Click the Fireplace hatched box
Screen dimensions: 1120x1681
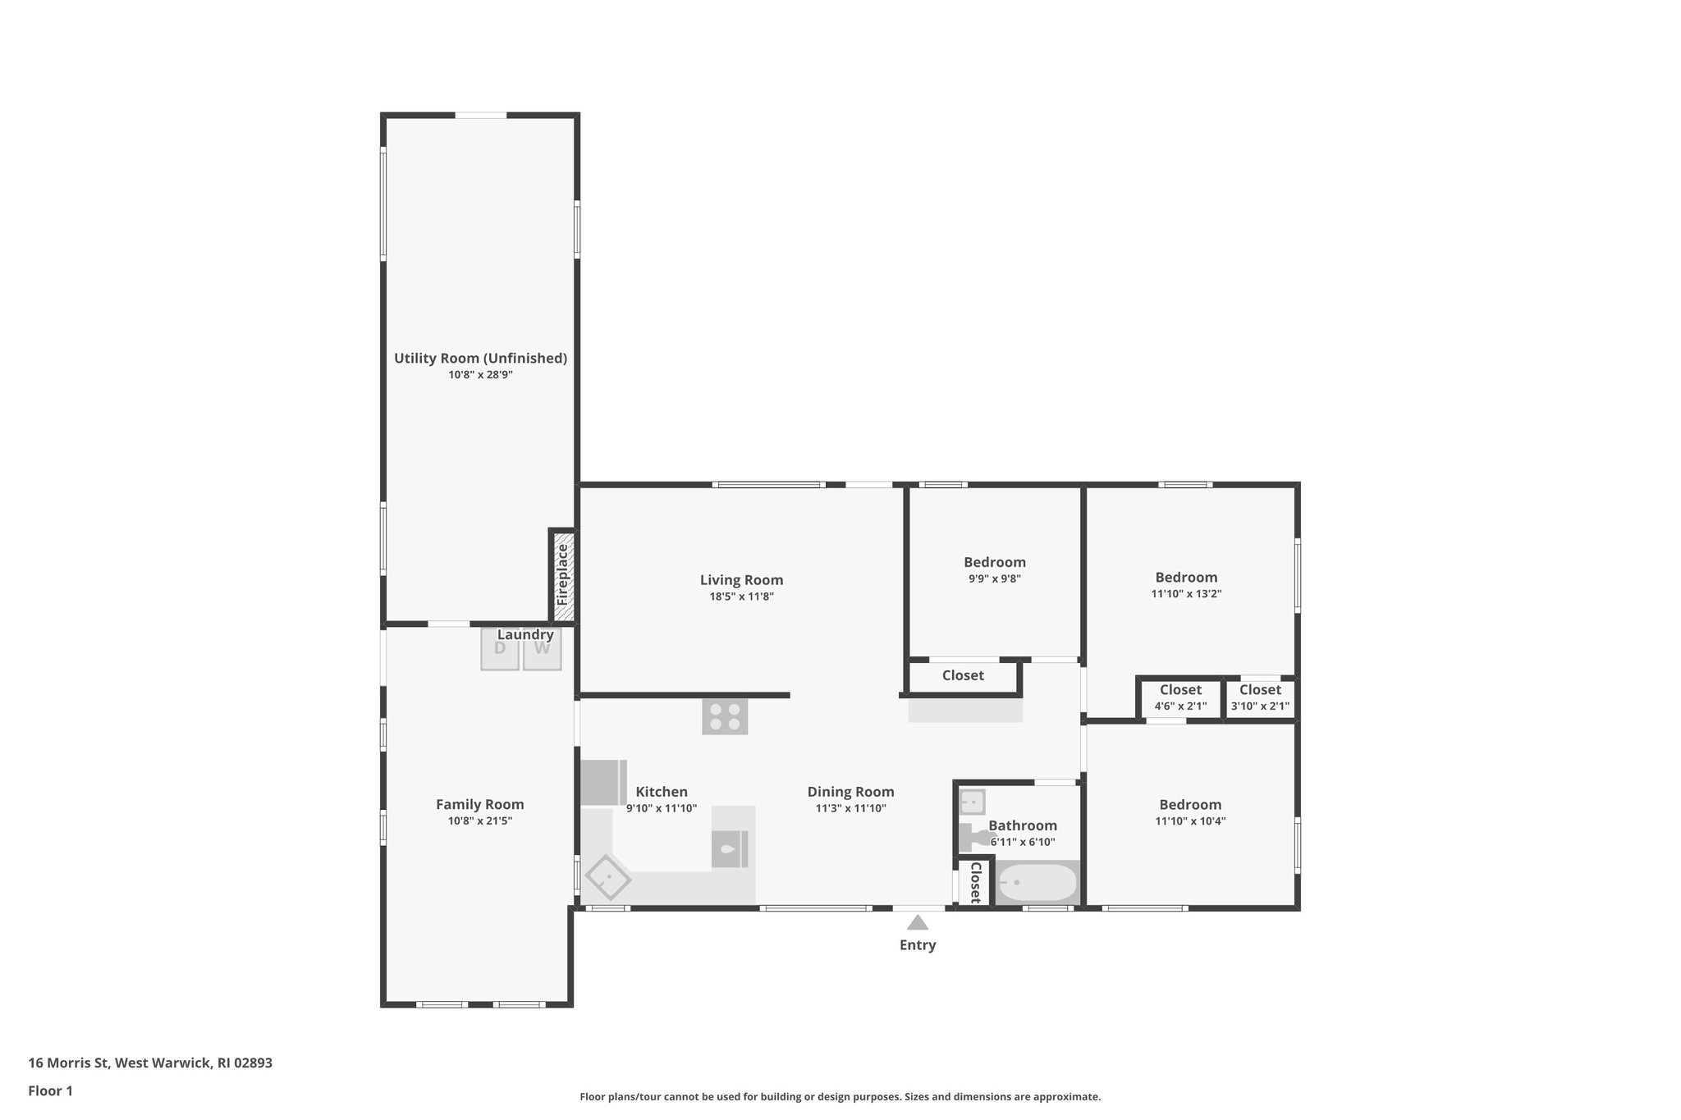pos(563,576)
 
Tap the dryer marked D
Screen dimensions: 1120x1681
pos(500,649)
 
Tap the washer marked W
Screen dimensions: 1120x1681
pos(542,649)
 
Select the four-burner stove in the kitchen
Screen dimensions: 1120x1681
pos(725,716)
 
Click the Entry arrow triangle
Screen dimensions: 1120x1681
pos(918,922)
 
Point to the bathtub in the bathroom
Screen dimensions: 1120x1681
pos(1037,883)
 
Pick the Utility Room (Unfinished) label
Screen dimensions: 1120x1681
pos(480,359)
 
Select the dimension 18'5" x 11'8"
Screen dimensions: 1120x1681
pos(741,597)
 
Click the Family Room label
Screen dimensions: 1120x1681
pos(479,804)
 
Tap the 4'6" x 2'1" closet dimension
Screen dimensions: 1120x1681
pos(1180,706)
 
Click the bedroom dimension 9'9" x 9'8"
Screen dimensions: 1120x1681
pos(994,578)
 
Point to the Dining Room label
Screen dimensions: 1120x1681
pos(850,792)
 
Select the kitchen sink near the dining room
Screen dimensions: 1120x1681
pos(729,849)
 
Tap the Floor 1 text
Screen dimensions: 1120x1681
pos(50,1090)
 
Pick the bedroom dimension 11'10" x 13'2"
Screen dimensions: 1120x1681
pos(1186,594)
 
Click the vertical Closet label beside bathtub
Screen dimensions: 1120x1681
pos(975,881)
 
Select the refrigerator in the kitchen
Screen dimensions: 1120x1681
pos(602,782)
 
